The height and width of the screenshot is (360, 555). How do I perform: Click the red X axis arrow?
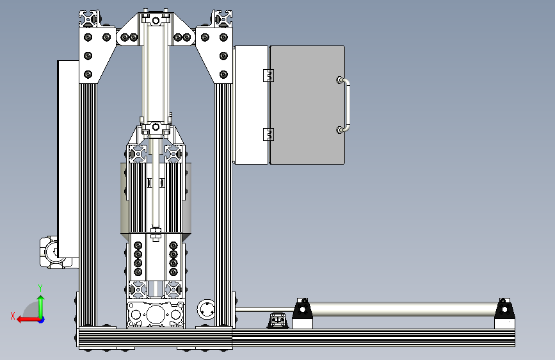pyautogui.click(x=28, y=320)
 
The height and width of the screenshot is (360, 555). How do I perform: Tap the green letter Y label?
pyautogui.click(x=40, y=288)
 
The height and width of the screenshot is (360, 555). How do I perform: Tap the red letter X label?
pyautogui.click(x=13, y=316)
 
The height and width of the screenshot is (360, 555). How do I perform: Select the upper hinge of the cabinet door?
pyautogui.click(x=269, y=76)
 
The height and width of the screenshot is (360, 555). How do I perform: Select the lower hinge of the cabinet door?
pyautogui.click(x=269, y=135)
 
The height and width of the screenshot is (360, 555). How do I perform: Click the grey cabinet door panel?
pyautogui.click(x=307, y=105)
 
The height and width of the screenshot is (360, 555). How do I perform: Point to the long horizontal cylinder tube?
pyautogui.click(x=403, y=309)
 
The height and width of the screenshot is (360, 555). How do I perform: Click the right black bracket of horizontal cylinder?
pyautogui.click(x=504, y=308)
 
